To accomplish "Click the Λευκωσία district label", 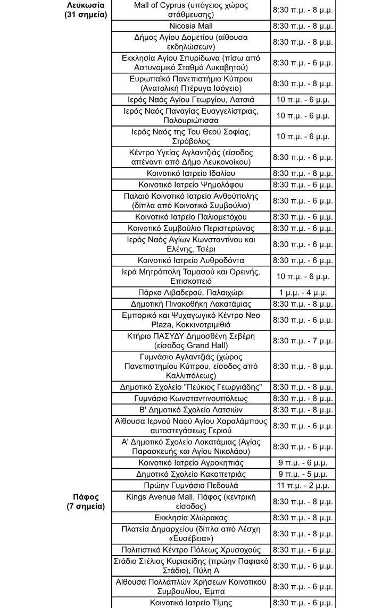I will pyautogui.click(x=86, y=5).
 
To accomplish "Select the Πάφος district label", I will pyautogui.click(x=86, y=497).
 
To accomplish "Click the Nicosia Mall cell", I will pyautogui.click(x=190, y=26).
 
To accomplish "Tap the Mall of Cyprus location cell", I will pyautogui.click(x=190, y=10).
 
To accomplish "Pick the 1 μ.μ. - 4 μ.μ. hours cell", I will pyautogui.click(x=303, y=293).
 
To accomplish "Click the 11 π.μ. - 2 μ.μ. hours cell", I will pyautogui.click(x=303, y=486).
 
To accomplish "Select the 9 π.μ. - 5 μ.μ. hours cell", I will pyautogui.click(x=303, y=474).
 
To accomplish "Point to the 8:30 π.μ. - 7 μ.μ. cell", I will pyautogui.click(x=303, y=341).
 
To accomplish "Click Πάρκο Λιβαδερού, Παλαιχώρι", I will pyautogui.click(x=190, y=293).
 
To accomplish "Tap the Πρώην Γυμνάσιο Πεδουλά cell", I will pyautogui.click(x=190, y=486).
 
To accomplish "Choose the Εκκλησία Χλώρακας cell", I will pyautogui.click(x=190, y=518).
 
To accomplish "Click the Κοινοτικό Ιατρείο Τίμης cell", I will pyautogui.click(x=190, y=603).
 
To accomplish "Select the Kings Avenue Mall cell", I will pyautogui.click(x=190, y=502).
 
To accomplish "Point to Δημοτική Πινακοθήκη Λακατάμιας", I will pyautogui.click(x=190, y=304).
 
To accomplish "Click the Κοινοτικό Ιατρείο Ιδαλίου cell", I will pyautogui.click(x=190, y=174).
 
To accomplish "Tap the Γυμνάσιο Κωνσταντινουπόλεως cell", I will pyautogui.click(x=190, y=399).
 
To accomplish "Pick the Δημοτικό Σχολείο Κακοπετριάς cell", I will pyautogui.click(x=190, y=474).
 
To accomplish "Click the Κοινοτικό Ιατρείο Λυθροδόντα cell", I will pyautogui.click(x=190, y=260).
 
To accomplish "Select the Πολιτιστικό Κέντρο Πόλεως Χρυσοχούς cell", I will pyautogui.click(x=190, y=550).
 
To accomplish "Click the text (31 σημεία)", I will pyautogui.click(x=86, y=15).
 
